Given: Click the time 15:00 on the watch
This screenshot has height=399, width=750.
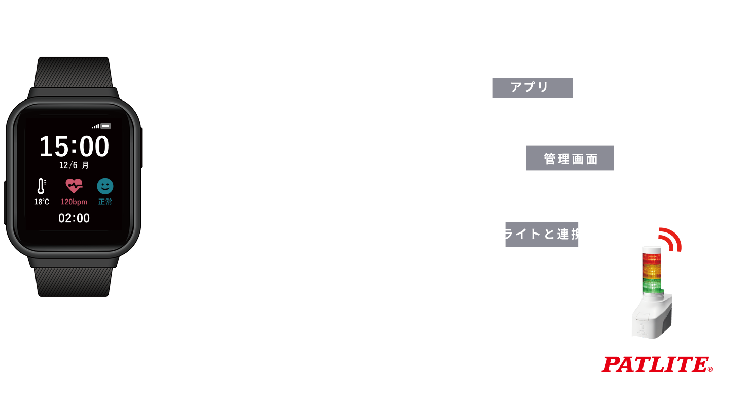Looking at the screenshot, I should (74, 147).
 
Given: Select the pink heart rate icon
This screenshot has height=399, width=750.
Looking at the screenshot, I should (74, 186).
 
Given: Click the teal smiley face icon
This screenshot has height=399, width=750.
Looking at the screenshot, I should (105, 186).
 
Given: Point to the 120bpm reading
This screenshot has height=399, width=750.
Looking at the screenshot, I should (74, 202).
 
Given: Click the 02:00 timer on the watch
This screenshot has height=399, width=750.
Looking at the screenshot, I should (74, 218).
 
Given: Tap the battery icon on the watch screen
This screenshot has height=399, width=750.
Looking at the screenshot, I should (105, 126).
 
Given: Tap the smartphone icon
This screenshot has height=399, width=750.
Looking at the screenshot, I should (644, 32).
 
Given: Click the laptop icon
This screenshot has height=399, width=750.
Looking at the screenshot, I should (714, 159).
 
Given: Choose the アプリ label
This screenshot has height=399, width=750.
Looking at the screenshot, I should (532, 88).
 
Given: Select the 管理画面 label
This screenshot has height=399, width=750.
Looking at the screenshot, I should (570, 159).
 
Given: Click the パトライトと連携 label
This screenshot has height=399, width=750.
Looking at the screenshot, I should (528, 234).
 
